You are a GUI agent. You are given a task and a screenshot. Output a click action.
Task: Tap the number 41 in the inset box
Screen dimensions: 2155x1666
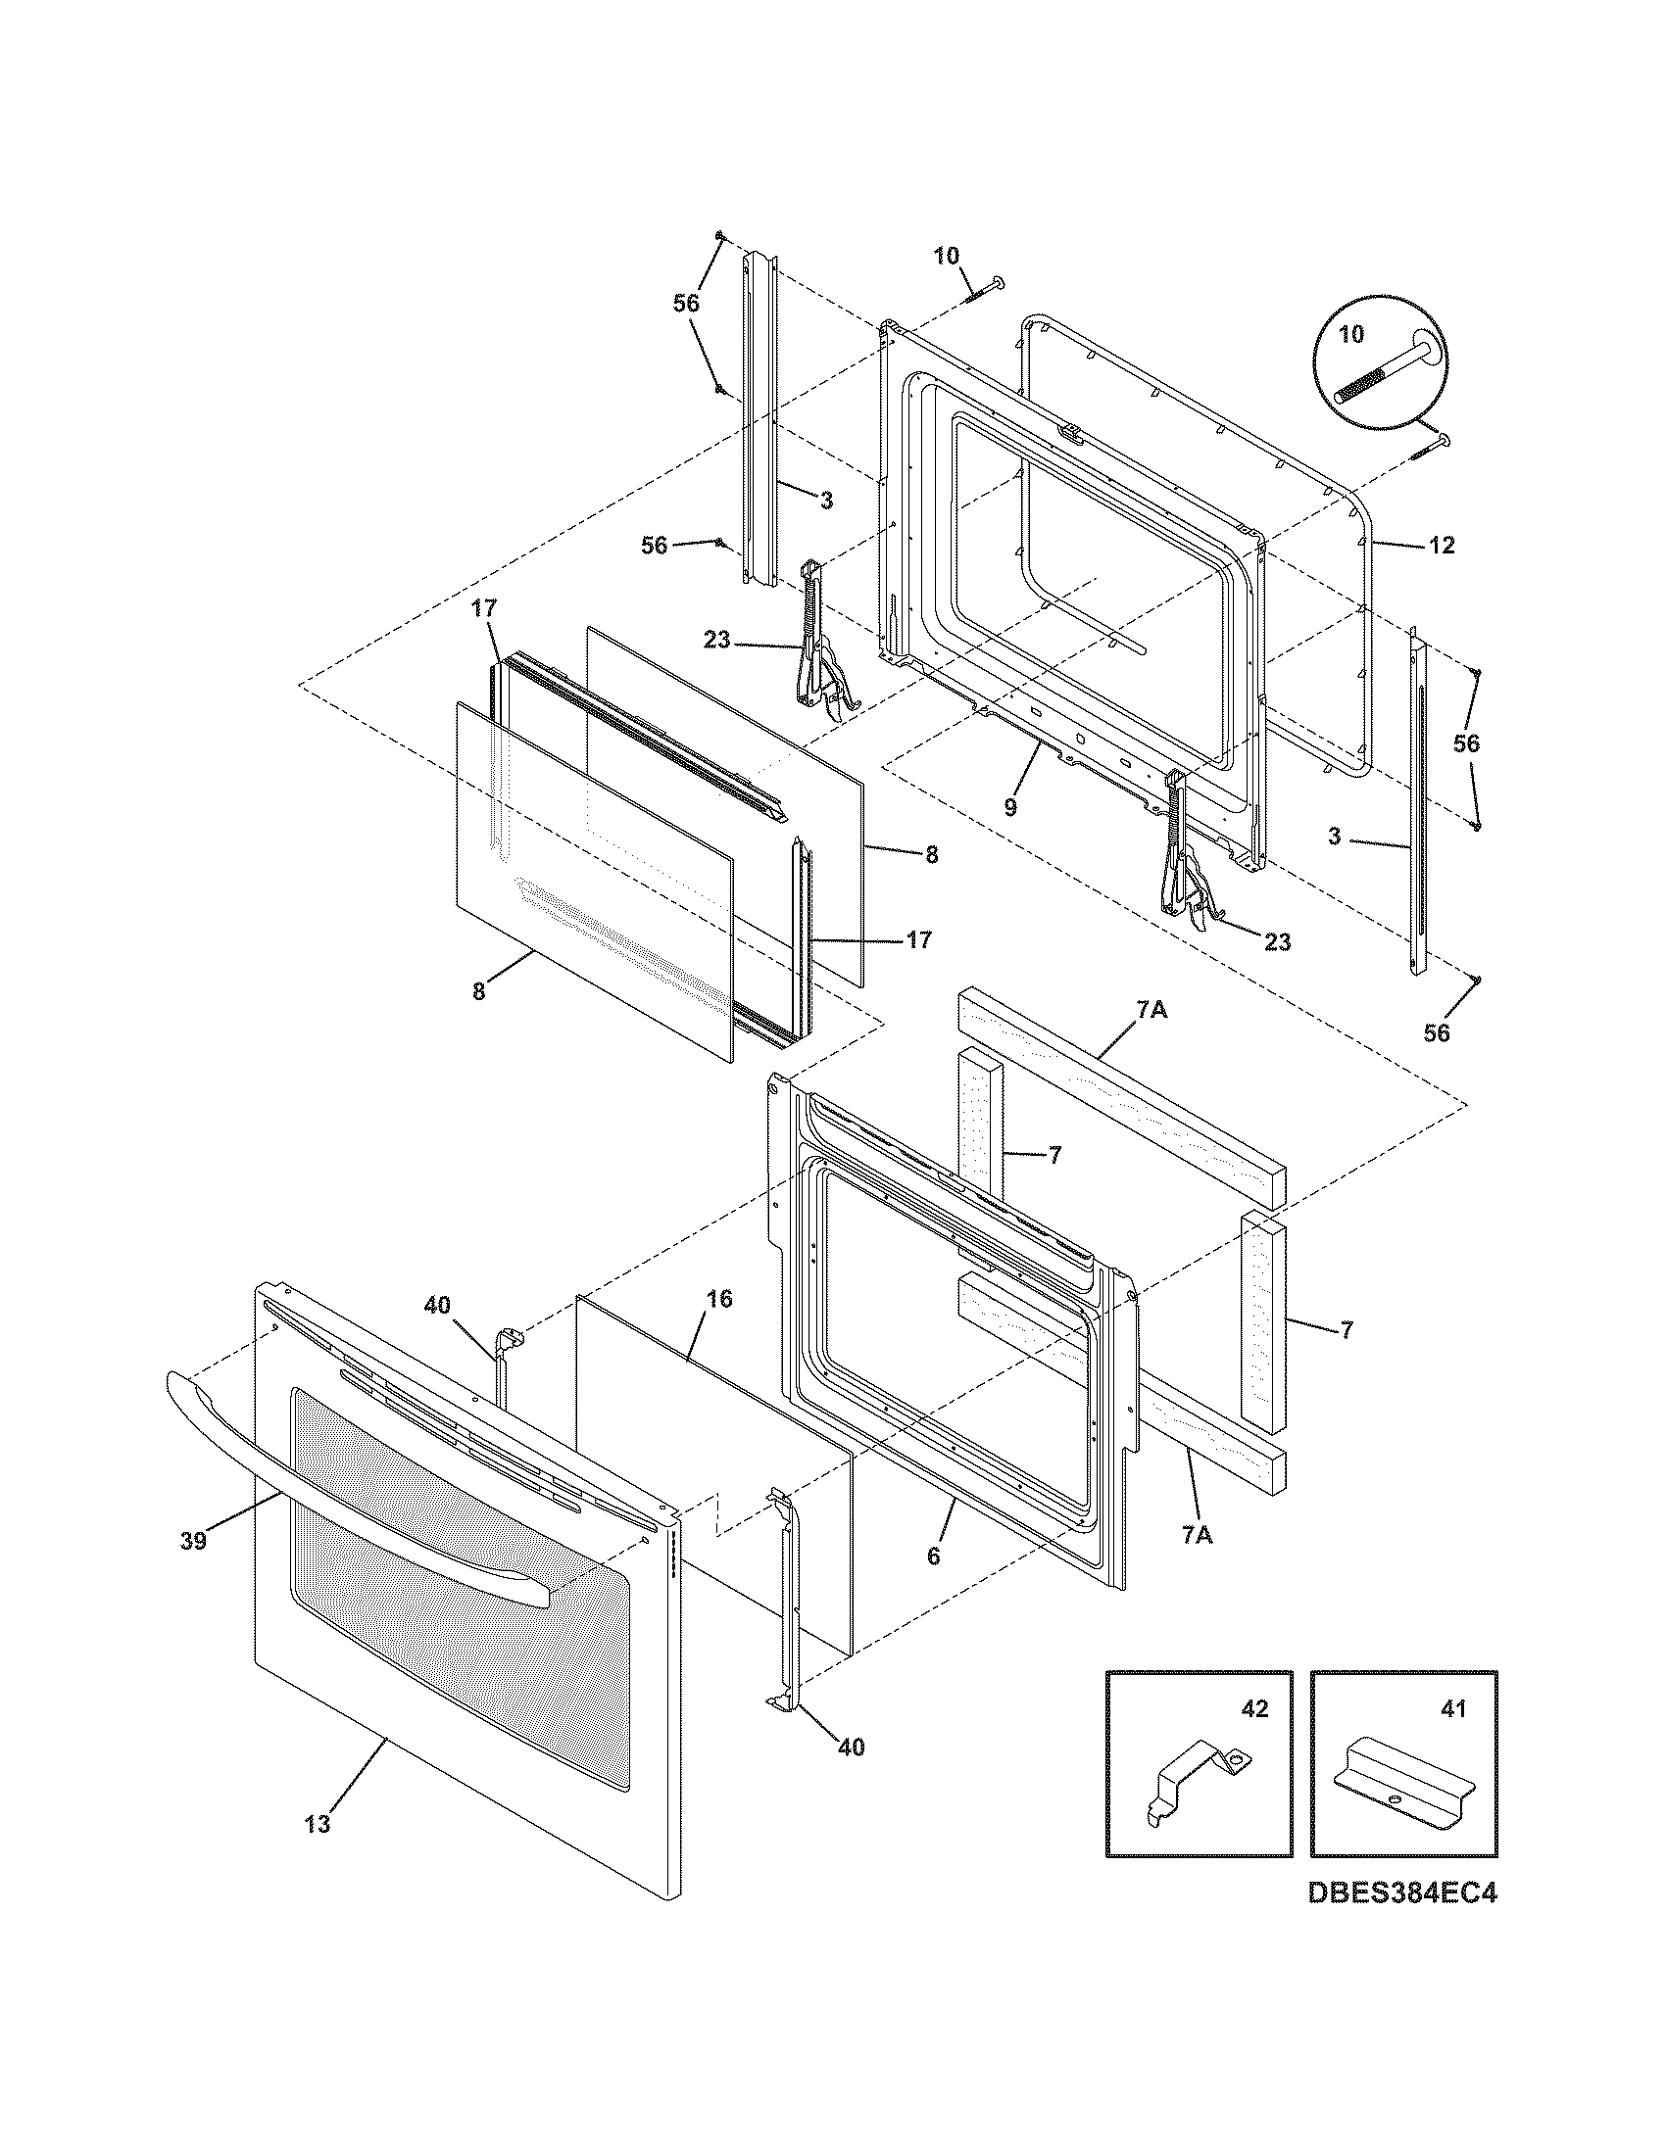1452,1708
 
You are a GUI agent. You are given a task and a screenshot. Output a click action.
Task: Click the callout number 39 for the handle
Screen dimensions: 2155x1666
193,1540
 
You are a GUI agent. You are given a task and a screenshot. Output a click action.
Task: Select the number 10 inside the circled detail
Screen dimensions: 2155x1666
1351,334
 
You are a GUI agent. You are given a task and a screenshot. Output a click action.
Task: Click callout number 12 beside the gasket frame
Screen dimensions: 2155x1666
1442,545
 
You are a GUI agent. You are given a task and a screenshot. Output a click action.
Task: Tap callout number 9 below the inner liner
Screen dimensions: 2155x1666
1010,807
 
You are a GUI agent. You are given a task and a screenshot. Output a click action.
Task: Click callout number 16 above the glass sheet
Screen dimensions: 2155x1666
719,1299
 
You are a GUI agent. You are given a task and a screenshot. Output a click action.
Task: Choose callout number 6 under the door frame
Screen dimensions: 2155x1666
934,1556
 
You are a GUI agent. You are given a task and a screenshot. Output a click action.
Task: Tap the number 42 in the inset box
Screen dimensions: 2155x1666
1253,1708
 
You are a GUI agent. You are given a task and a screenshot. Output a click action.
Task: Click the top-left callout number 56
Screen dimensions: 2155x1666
686,304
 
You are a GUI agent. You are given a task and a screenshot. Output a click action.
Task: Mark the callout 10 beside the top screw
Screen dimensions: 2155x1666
946,257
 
